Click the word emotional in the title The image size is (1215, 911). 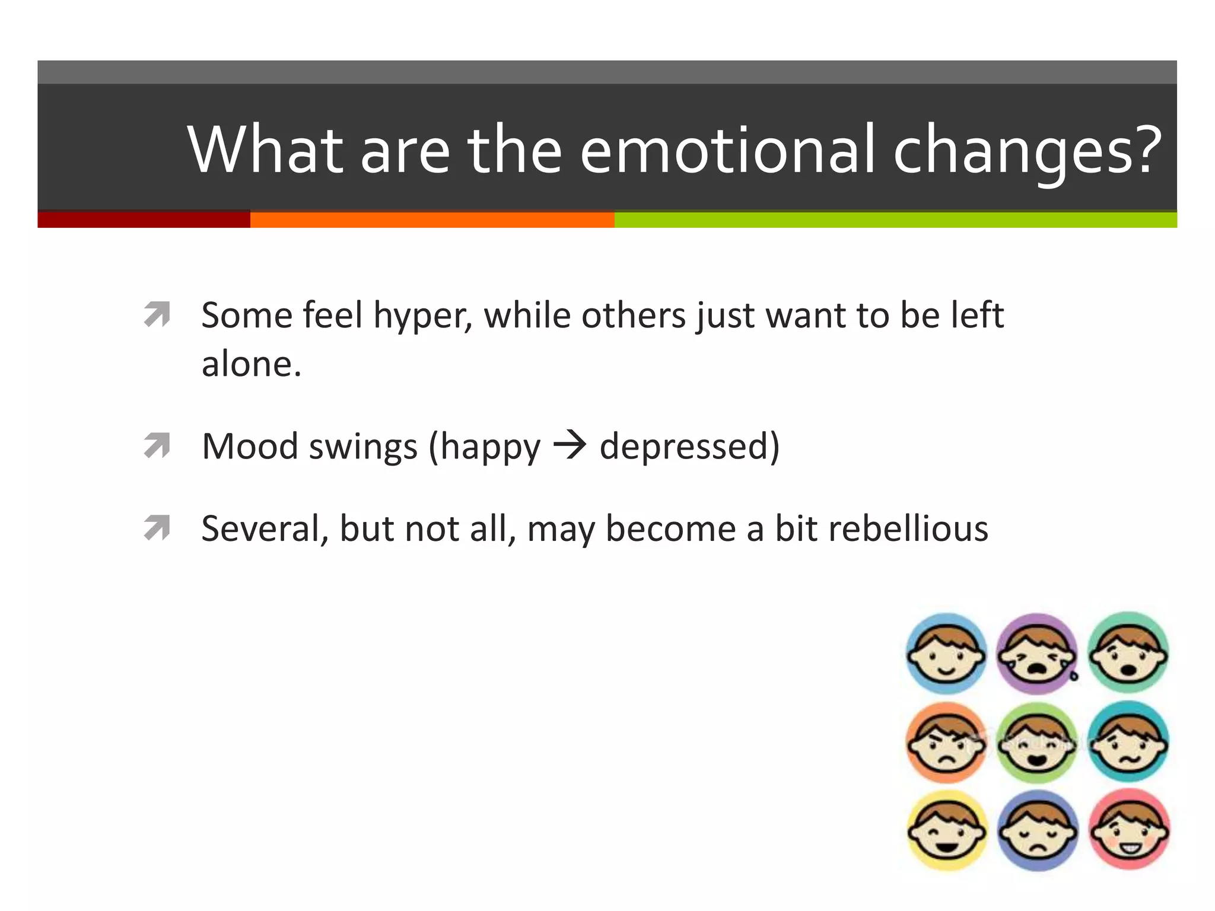click(x=727, y=149)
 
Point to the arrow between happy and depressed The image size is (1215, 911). click(x=570, y=446)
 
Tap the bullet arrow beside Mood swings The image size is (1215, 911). click(x=157, y=446)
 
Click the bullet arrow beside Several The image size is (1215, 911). click(x=157, y=528)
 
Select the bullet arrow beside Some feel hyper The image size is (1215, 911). click(x=157, y=314)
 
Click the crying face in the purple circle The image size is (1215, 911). click(x=1036, y=654)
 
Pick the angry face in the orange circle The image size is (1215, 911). click(x=946, y=743)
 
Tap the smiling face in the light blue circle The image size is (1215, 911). click(x=946, y=654)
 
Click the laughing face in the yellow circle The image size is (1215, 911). click(x=947, y=830)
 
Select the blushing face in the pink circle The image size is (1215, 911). click(x=1129, y=829)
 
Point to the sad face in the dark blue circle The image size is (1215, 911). click(x=1038, y=830)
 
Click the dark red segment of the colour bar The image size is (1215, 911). click(x=144, y=219)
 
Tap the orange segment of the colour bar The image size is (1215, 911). click(x=432, y=219)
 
